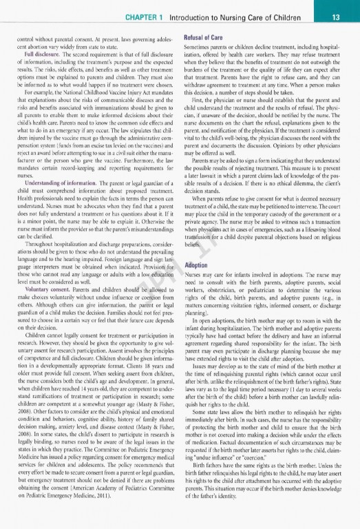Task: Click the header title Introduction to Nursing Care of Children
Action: pos(247,15)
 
